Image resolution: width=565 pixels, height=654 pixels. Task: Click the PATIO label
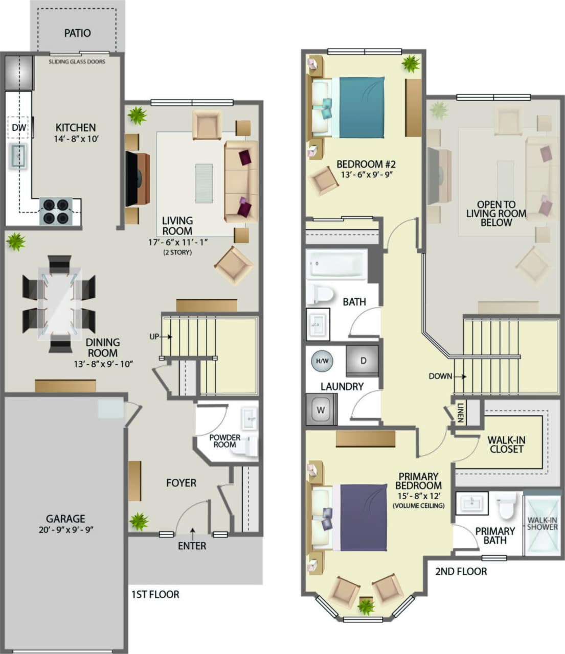[77, 33]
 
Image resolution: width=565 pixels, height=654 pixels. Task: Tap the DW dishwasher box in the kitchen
[18, 127]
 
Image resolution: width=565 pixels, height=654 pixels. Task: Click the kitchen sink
[18, 155]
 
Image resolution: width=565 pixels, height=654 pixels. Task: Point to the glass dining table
[59, 303]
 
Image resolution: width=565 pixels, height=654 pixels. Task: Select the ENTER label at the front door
[192, 546]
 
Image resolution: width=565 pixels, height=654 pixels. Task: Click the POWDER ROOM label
[224, 441]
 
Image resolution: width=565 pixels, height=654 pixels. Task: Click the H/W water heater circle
[322, 361]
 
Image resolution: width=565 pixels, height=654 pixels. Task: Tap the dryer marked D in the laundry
[363, 361]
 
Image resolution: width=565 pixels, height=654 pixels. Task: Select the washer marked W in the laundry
[321, 410]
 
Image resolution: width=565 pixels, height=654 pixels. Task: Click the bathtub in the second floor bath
[336, 265]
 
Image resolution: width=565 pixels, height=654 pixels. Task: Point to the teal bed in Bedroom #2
[361, 107]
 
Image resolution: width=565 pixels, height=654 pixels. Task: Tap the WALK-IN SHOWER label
[542, 523]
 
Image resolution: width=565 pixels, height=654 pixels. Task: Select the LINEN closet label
[460, 412]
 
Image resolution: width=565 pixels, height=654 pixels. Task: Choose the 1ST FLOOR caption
[155, 594]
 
